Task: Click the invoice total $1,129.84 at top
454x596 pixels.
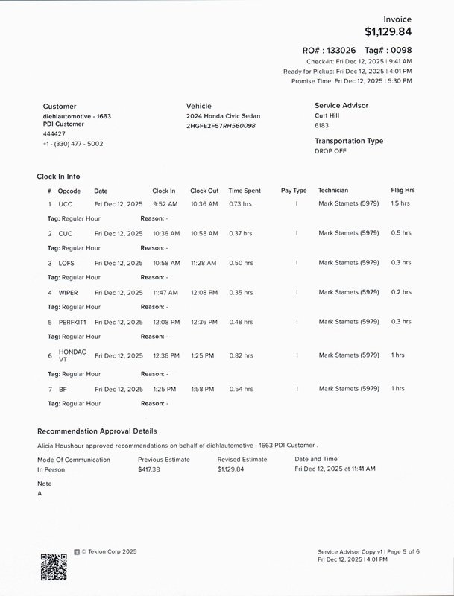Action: (388, 31)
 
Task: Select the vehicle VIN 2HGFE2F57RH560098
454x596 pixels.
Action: (221, 126)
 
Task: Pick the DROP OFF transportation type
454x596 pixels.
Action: (330, 150)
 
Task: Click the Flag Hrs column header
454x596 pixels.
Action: (403, 191)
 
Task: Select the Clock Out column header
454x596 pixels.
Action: (204, 191)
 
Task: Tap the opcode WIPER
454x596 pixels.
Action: (68, 293)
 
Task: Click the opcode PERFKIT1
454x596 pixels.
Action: (72, 322)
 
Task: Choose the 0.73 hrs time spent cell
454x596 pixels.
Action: (240, 203)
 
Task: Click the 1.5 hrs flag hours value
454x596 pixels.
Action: (400, 203)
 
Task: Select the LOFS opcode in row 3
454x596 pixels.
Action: (66, 263)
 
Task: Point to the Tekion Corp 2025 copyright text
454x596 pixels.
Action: (109, 552)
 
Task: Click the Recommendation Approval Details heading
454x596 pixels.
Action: (97, 431)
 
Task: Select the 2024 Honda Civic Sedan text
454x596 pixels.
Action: (223, 116)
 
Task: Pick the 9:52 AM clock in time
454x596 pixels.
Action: (165, 203)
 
